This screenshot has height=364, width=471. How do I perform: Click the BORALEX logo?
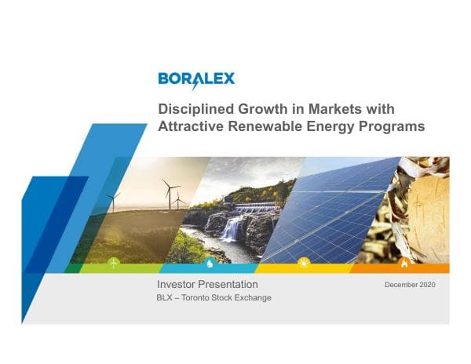click(195, 79)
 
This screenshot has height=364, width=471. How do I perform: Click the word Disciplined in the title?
click(194, 109)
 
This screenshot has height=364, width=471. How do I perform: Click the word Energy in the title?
click(334, 126)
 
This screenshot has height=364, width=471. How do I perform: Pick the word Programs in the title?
click(394, 126)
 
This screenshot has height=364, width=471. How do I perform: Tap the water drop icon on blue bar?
click(210, 264)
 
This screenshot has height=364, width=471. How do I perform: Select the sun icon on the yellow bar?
click(305, 264)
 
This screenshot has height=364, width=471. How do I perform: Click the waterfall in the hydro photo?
click(232, 229)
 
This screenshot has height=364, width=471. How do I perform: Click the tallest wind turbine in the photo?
click(167, 193)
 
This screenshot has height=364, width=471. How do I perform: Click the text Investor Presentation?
click(207, 284)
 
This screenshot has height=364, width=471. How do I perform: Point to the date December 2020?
click(410, 284)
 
